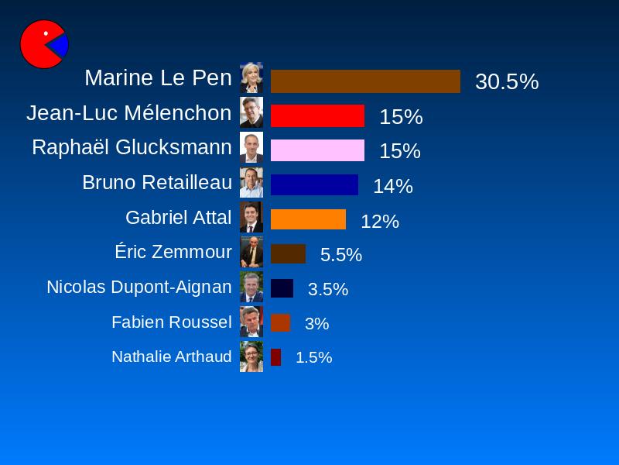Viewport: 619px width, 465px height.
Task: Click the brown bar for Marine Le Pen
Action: coord(365,81)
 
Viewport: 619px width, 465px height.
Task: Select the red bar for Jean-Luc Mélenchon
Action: coord(317,115)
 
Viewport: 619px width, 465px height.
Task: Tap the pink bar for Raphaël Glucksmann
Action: coord(317,150)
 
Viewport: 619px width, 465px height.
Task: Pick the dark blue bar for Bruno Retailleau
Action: coord(314,185)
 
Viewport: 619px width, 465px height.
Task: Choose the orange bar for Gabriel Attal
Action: coord(308,219)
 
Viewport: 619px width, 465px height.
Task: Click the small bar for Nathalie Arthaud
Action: coord(275,357)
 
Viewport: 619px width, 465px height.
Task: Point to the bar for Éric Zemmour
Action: coord(288,254)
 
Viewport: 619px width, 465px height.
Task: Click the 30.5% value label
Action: coord(507,81)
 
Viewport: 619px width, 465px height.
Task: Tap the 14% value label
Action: coord(393,186)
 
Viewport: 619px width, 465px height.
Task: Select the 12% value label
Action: coord(380,221)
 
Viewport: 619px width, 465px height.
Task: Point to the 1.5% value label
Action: coord(313,357)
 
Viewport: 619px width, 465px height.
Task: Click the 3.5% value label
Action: coord(328,289)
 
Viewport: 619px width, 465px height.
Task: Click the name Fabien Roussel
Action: coord(171,322)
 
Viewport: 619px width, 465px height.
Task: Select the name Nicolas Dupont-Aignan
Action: coord(139,287)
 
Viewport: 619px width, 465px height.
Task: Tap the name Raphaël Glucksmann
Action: coord(132,147)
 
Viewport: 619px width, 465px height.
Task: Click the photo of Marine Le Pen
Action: coord(251,77)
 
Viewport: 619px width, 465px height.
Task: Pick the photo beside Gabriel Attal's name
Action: coord(251,217)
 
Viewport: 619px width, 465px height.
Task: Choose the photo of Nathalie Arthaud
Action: coord(251,356)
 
